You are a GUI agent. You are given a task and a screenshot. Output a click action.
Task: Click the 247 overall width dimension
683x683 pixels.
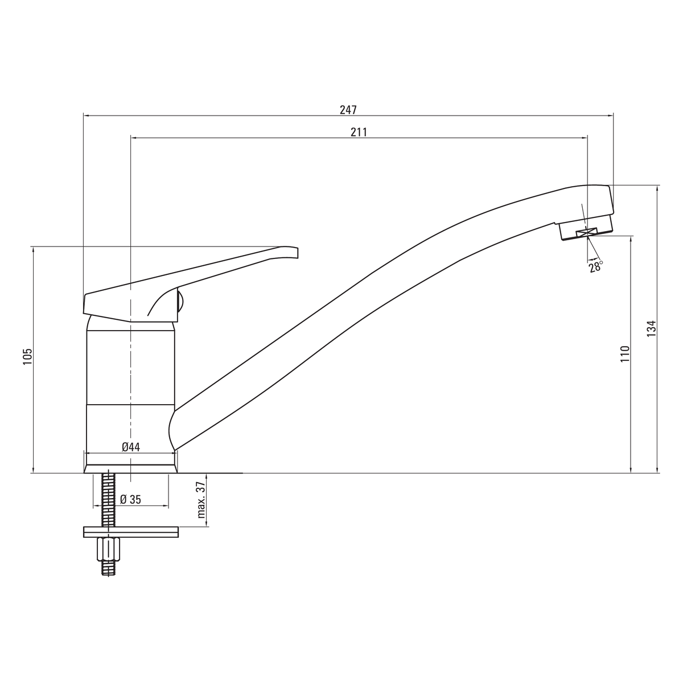pyautogui.click(x=348, y=110)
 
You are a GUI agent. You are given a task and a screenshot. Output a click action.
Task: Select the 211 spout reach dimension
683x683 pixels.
pyautogui.click(x=359, y=132)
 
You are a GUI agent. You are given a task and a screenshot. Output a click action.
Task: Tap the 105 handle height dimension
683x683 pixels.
pyautogui.click(x=28, y=356)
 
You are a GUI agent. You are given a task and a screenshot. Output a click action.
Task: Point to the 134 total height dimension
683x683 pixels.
pyautogui.click(x=652, y=328)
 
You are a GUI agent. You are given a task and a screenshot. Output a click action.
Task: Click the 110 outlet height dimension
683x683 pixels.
pyautogui.click(x=624, y=353)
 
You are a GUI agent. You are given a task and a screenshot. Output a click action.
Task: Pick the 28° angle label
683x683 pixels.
pyautogui.click(x=596, y=266)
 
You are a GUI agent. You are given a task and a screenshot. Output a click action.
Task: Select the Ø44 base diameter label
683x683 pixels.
pyautogui.click(x=131, y=447)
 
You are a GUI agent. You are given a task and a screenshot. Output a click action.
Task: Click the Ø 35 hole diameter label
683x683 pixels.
pyautogui.click(x=130, y=499)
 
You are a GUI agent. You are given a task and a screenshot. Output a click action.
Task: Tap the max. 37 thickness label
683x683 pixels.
pyautogui.click(x=201, y=500)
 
